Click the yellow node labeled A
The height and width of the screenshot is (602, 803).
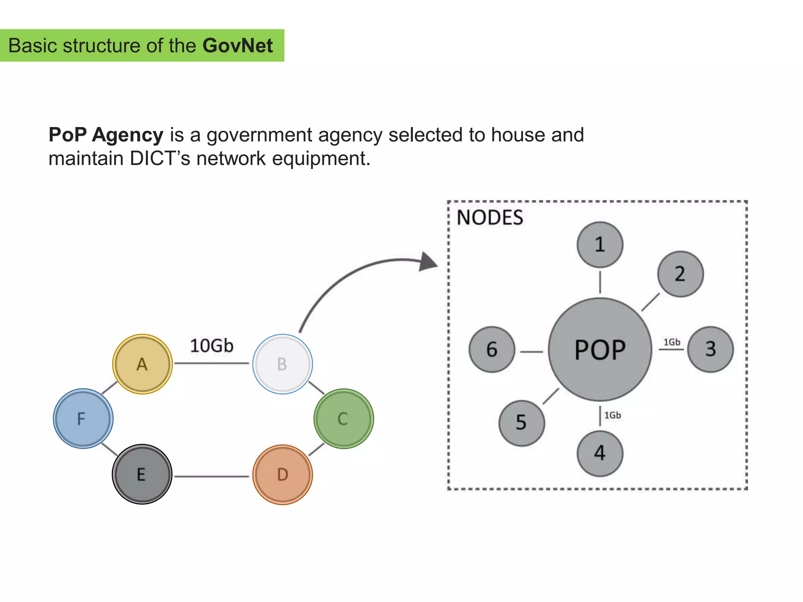pyautogui.click(x=142, y=364)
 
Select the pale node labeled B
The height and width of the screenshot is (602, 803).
pyautogui.click(x=282, y=364)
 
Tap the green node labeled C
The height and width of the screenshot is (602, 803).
pyautogui.click(x=343, y=419)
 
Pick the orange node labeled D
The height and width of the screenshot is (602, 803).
pyautogui.click(x=282, y=475)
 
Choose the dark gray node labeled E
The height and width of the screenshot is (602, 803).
pyautogui.click(x=142, y=474)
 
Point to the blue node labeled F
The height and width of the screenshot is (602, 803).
pyautogui.click(x=83, y=419)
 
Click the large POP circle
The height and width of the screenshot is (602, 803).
pyautogui.click(x=600, y=349)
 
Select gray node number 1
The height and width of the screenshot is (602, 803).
pyautogui.click(x=600, y=245)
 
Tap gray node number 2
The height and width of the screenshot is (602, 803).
pyautogui.click(x=680, y=274)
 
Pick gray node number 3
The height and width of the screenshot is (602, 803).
pyautogui.click(x=710, y=349)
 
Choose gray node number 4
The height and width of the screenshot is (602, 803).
pyautogui.click(x=600, y=453)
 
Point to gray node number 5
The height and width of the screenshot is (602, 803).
pyautogui.click(x=521, y=423)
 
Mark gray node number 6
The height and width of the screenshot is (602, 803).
pyautogui.click(x=492, y=349)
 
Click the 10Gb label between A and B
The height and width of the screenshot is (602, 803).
pyautogui.click(x=212, y=346)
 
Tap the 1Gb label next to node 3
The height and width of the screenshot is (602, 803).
pyautogui.click(x=672, y=342)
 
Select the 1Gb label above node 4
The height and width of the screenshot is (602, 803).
pyautogui.click(x=612, y=415)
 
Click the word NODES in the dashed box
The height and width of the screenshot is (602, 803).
pyautogui.click(x=490, y=218)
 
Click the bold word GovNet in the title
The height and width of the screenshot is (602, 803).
pyautogui.click(x=238, y=45)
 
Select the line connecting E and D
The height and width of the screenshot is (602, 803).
pyautogui.click(x=212, y=477)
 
